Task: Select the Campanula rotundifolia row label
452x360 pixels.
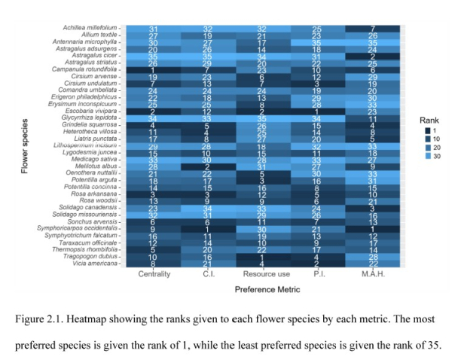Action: point(90,69)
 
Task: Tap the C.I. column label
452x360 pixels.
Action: point(208,274)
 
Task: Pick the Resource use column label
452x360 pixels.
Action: point(261,274)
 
